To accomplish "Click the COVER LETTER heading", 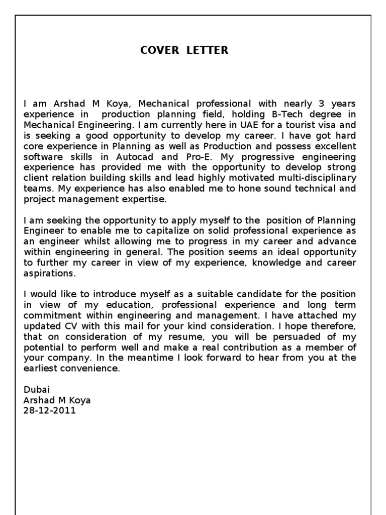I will [x=184, y=50].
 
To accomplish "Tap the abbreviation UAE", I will [x=227, y=125].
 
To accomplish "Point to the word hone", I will [x=227, y=188].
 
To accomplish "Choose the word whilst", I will [x=100, y=241].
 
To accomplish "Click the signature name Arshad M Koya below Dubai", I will [x=57, y=400].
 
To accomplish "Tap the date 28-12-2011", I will [x=50, y=411].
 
